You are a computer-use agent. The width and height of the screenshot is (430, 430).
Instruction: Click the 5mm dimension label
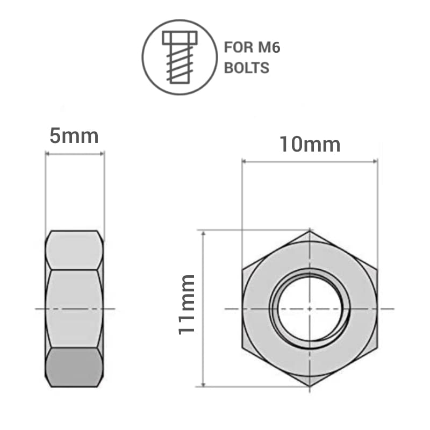click(x=74, y=136)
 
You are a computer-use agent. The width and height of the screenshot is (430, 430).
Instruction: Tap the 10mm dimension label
click(x=309, y=144)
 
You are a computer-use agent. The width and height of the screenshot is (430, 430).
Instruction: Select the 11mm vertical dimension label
click(x=187, y=304)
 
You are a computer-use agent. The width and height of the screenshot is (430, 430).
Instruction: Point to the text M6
click(x=268, y=48)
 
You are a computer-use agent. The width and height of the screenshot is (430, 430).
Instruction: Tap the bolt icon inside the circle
click(x=180, y=56)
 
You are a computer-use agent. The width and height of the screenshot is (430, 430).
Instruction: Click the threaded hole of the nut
click(x=310, y=308)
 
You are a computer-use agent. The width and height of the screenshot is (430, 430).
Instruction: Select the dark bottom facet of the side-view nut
click(x=74, y=367)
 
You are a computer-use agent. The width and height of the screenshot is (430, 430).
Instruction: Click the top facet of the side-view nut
click(x=74, y=250)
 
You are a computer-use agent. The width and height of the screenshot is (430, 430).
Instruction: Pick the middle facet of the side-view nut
click(x=74, y=308)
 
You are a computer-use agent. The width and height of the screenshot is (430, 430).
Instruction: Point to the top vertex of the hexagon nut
click(x=310, y=231)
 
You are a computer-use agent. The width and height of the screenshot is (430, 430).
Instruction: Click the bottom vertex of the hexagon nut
click(x=310, y=386)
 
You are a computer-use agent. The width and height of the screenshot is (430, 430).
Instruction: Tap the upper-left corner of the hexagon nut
click(x=242, y=269)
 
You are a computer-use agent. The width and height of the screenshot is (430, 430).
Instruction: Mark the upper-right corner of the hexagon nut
click(x=377, y=269)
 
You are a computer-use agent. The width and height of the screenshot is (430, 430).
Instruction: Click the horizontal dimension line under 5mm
click(x=74, y=154)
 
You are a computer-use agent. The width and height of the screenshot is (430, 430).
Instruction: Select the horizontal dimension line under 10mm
click(x=310, y=161)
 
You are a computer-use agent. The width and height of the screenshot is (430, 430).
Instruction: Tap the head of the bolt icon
click(x=180, y=38)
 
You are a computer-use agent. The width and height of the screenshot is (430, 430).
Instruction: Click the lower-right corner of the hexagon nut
click(x=377, y=347)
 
